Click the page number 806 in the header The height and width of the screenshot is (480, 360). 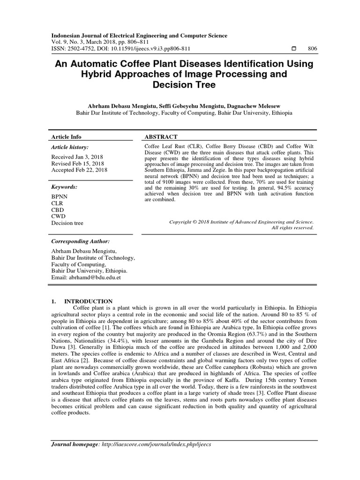click(x=312, y=49)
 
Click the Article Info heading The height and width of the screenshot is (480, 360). click(x=66, y=137)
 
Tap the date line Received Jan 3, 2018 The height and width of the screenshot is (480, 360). click(x=77, y=157)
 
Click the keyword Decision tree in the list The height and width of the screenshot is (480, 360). click(x=67, y=223)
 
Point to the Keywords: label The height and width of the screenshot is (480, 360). click(x=64, y=187)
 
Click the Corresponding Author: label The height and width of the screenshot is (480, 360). click(x=80, y=241)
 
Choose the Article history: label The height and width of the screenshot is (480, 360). click(x=70, y=146)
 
